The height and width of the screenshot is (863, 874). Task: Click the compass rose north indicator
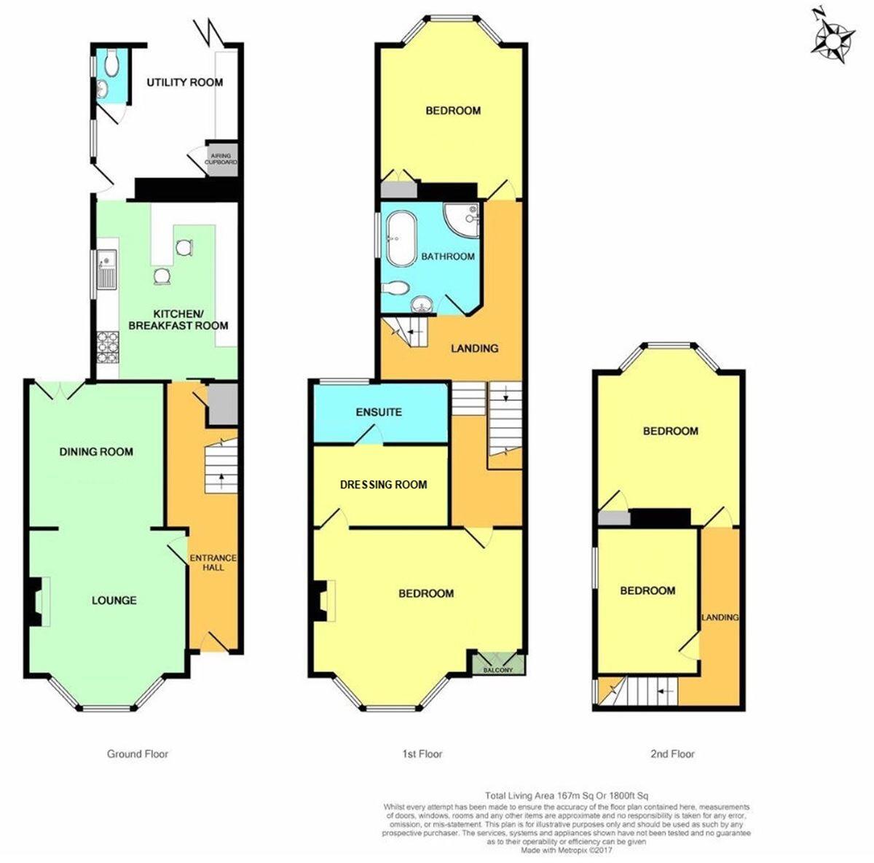click(x=831, y=36)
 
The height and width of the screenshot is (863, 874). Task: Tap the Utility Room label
click(x=184, y=82)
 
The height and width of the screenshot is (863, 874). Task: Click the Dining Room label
click(x=96, y=452)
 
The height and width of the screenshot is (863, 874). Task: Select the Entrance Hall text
click(x=213, y=563)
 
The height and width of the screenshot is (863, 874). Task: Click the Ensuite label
click(x=379, y=412)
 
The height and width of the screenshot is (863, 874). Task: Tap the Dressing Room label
click(x=383, y=485)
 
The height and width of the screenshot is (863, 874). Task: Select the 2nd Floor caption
click(x=672, y=754)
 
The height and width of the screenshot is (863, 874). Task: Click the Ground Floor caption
click(x=137, y=754)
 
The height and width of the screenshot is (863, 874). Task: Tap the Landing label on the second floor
click(x=720, y=617)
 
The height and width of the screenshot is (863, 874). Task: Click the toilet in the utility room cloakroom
click(x=111, y=63)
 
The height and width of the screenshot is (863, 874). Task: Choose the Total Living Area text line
click(x=567, y=795)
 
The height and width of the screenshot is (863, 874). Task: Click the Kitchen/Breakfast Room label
click(x=178, y=319)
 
